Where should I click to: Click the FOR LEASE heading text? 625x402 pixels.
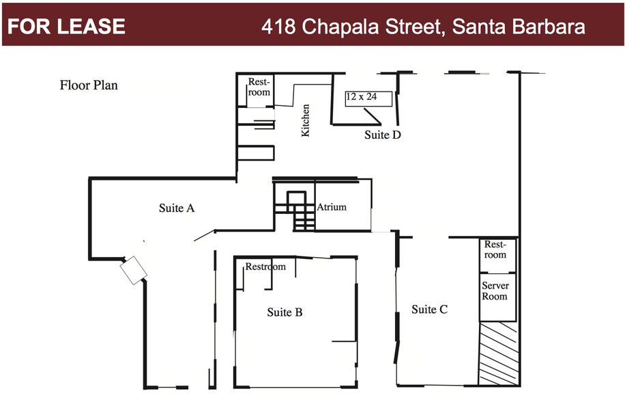click(x=66, y=27)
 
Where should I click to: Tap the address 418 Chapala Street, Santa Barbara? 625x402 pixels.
click(x=423, y=27)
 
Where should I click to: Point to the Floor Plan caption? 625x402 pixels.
click(x=89, y=85)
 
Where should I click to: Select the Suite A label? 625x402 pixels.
click(x=177, y=208)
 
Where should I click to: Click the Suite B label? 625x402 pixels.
click(x=285, y=312)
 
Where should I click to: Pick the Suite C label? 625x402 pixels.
click(x=429, y=310)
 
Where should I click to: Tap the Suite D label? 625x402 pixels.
click(x=382, y=135)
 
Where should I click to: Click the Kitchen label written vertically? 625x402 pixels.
click(x=306, y=120)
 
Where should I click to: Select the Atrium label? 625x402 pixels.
click(x=332, y=207)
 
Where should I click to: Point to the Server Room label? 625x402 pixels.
click(x=495, y=291)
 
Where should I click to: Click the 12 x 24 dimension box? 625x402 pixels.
click(x=368, y=98)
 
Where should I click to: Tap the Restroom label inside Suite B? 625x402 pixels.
click(x=265, y=267)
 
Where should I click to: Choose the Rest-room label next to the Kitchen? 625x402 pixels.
click(x=259, y=87)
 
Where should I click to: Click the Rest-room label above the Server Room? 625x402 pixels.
click(x=495, y=250)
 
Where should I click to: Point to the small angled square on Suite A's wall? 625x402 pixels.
click(x=134, y=270)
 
